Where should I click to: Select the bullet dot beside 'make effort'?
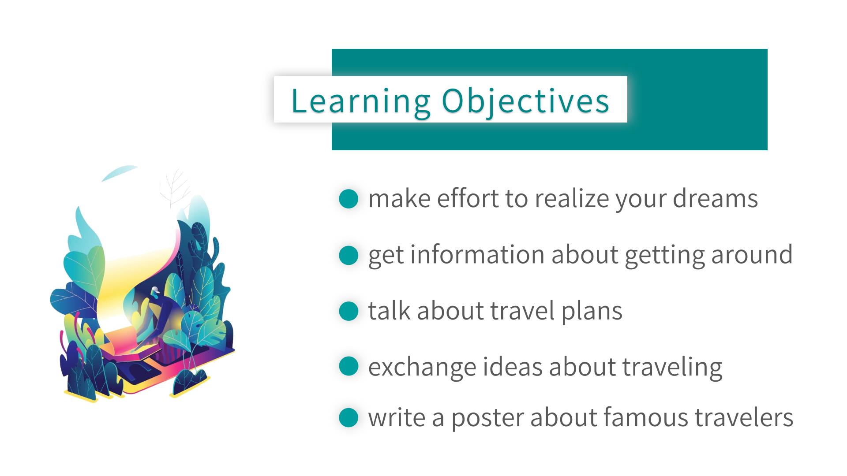(x=349, y=199)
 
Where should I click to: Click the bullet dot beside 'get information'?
(x=349, y=255)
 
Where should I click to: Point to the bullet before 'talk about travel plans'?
(x=349, y=311)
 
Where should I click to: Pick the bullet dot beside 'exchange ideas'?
(x=349, y=367)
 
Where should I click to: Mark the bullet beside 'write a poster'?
(x=349, y=418)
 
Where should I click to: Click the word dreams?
(x=715, y=198)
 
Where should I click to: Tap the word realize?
(x=572, y=198)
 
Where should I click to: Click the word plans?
(x=592, y=311)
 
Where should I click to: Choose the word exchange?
(x=422, y=367)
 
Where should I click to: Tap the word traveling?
(x=672, y=367)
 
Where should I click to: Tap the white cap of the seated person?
(x=154, y=290)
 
